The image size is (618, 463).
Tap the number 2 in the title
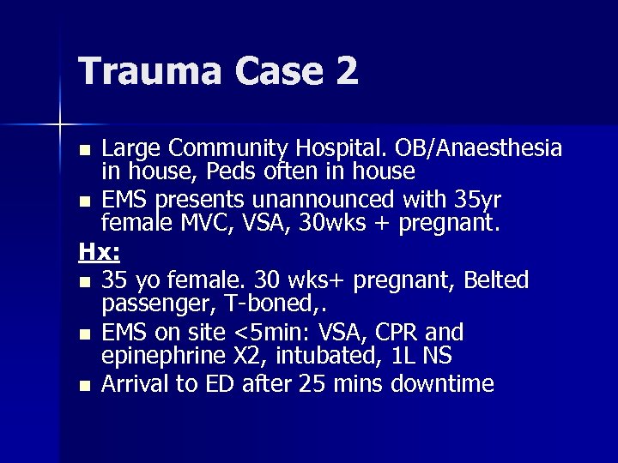346,70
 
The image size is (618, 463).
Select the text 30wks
323,225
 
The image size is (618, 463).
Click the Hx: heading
99,252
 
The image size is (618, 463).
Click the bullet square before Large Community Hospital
84,151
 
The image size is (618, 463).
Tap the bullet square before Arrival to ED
84,385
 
